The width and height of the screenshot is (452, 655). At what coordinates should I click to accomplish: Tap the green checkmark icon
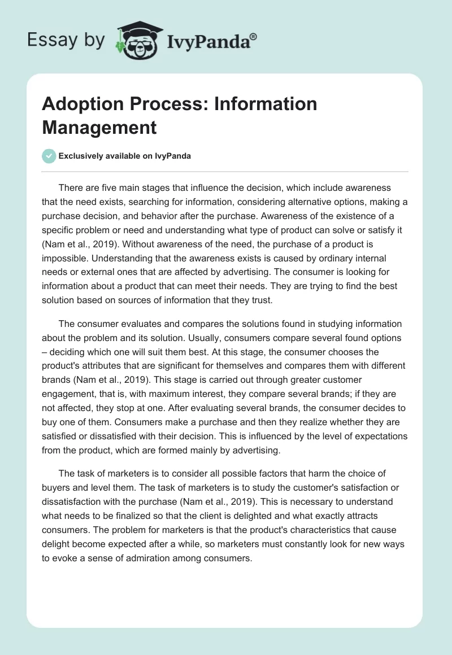(x=49, y=156)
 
